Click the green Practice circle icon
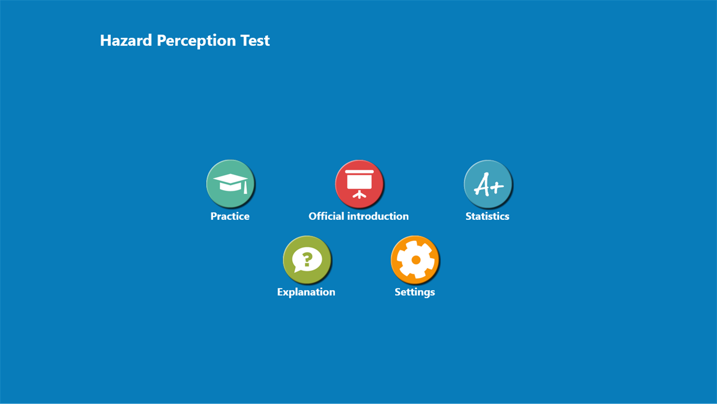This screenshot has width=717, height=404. click(x=230, y=184)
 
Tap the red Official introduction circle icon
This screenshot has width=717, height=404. click(x=359, y=184)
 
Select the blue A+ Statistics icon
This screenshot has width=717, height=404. click(x=488, y=184)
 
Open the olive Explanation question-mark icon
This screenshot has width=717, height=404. click(x=307, y=260)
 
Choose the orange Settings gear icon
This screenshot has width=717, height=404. click(x=415, y=260)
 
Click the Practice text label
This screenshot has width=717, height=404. click(x=230, y=216)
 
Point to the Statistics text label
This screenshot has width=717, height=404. click(x=487, y=216)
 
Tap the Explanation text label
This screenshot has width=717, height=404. click(x=306, y=292)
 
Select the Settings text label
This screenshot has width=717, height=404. click(x=415, y=292)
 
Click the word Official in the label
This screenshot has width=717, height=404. click(x=326, y=216)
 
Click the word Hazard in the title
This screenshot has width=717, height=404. click(x=126, y=41)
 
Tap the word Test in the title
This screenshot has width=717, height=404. click(x=255, y=41)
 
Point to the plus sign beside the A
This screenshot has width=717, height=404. click(x=497, y=186)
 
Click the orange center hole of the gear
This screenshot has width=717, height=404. click(x=416, y=260)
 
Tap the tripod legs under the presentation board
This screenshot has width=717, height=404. click(x=359, y=195)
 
